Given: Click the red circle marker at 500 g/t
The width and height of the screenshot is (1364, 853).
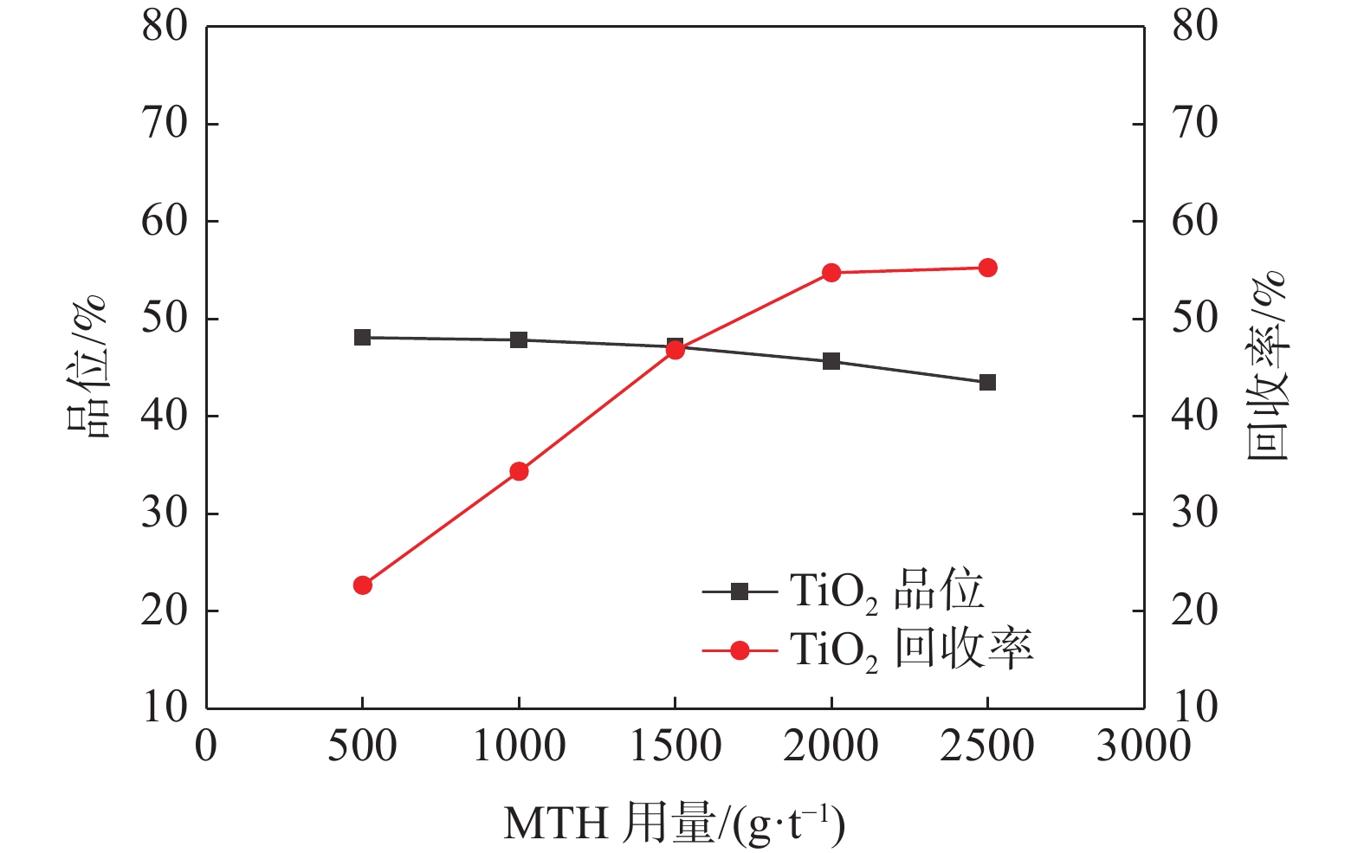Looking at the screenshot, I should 363,585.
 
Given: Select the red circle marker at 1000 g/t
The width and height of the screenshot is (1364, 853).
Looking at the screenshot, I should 519,471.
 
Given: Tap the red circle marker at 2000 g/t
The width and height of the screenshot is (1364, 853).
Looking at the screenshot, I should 831,273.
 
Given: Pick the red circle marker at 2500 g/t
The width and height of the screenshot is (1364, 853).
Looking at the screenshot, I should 987,268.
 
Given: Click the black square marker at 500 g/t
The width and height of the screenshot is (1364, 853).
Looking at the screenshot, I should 363,337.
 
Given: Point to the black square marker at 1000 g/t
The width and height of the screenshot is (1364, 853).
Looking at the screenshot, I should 519,339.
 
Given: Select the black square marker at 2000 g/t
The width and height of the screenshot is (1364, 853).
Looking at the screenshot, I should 831,361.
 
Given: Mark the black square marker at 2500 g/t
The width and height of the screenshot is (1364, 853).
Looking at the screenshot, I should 987,382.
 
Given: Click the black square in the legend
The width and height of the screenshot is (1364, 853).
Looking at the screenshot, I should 740,592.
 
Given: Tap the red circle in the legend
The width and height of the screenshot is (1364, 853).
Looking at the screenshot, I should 740,649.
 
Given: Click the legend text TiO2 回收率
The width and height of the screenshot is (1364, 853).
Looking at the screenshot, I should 911,649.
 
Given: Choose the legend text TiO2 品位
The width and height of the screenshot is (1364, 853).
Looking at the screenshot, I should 887,592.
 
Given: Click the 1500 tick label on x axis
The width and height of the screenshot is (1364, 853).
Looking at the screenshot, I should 675,746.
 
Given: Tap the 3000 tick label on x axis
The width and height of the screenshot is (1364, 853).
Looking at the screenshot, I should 1143,746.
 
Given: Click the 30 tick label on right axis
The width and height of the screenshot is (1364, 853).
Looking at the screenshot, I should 1194,513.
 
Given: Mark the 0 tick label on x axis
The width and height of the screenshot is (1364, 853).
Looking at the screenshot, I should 206,746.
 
